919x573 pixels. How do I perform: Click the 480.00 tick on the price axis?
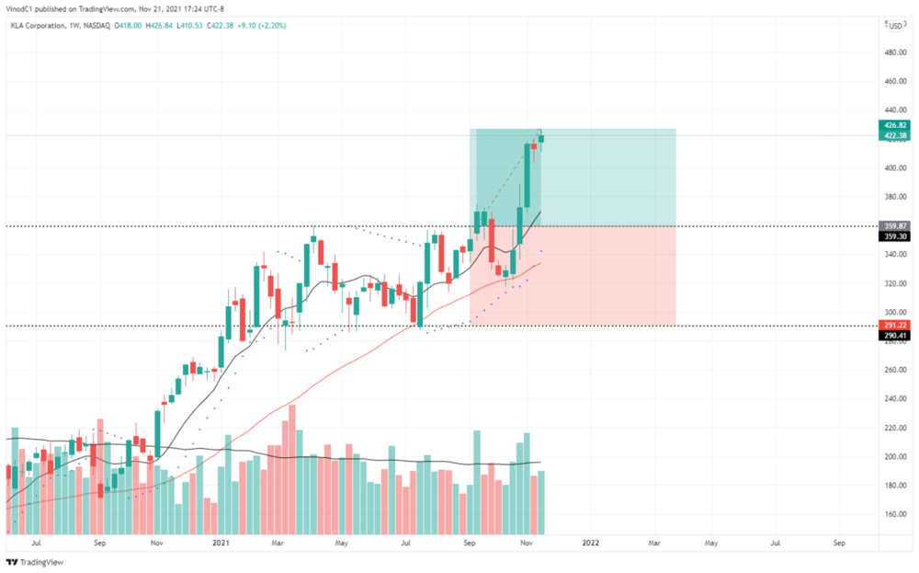[894, 52]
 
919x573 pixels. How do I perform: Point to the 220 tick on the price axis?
[891, 429]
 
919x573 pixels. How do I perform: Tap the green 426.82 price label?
[896, 125]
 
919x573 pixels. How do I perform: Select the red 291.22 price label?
[896, 325]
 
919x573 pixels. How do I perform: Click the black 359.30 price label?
[896, 236]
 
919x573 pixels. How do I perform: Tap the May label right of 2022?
[711, 544]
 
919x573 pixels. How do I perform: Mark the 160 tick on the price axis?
[891, 515]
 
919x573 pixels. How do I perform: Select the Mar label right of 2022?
[654, 544]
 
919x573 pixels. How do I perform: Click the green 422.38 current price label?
[896, 136]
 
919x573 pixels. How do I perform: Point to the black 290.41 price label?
[896, 336]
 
